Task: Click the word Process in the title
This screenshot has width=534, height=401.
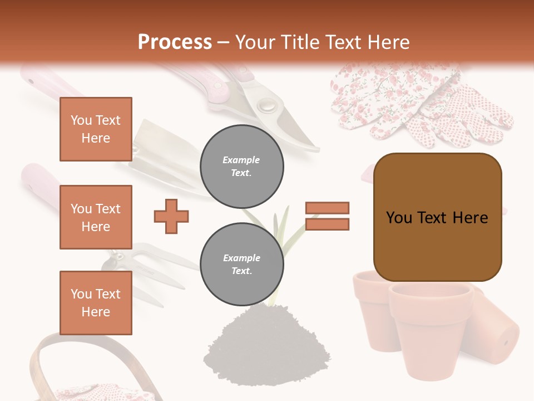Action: pos(175,42)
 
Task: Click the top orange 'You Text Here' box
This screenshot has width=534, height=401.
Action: pos(96,129)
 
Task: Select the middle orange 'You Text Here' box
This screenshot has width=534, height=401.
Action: pos(96,217)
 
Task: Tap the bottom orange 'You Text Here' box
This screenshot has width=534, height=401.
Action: pos(96,302)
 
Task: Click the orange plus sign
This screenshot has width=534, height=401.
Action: pos(171,216)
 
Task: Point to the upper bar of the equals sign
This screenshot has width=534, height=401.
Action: pos(327,208)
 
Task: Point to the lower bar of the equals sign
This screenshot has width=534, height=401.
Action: pos(327,224)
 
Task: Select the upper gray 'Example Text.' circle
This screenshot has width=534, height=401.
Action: pos(241,167)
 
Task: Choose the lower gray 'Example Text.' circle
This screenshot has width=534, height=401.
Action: pos(241,265)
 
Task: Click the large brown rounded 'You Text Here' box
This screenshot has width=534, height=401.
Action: pos(437,217)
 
